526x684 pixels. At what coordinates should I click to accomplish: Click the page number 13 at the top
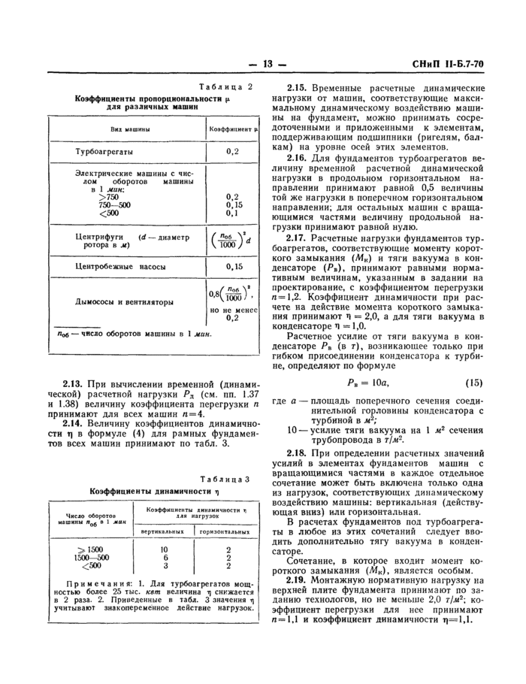[263, 63]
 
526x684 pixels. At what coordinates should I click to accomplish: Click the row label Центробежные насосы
[116, 266]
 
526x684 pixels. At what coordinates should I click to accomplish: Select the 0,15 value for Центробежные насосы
[233, 266]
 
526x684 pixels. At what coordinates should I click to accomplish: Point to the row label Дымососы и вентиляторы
[122, 302]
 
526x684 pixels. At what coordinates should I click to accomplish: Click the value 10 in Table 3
[164, 549]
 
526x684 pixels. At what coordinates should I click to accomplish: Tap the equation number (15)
[473, 381]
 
